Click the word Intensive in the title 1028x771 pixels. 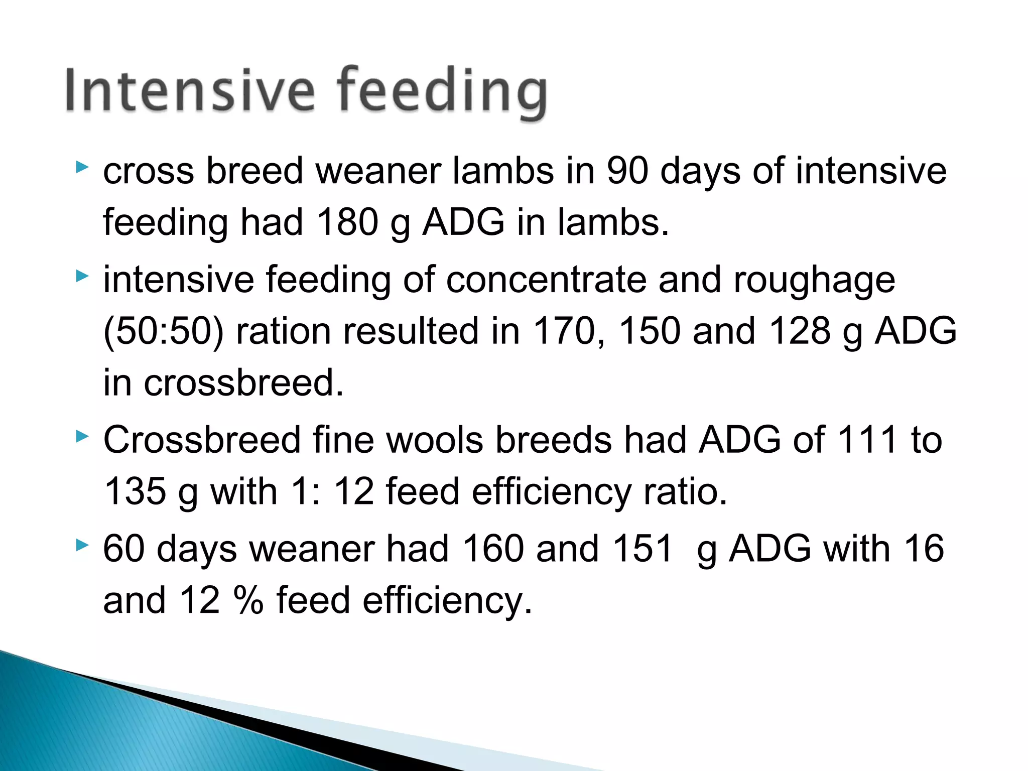[x=190, y=90]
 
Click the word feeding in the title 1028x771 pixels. [x=442, y=93]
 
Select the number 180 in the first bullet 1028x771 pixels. [x=347, y=222]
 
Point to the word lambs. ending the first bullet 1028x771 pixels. [x=613, y=222]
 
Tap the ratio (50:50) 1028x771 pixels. [x=163, y=331]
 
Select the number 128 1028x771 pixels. [x=800, y=331]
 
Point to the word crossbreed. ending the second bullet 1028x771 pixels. [x=243, y=382]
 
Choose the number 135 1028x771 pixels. [x=135, y=491]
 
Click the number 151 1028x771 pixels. [x=642, y=548]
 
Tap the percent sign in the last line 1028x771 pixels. [x=248, y=600]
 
